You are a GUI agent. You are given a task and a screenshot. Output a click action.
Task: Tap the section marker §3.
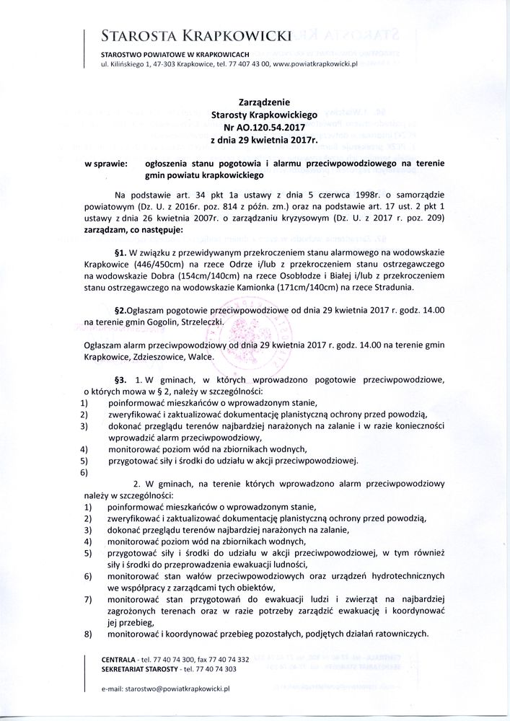(x=120, y=379)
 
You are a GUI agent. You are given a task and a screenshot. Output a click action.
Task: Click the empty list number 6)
(x=85, y=473)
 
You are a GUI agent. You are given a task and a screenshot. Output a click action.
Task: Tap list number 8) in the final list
(x=85, y=634)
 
